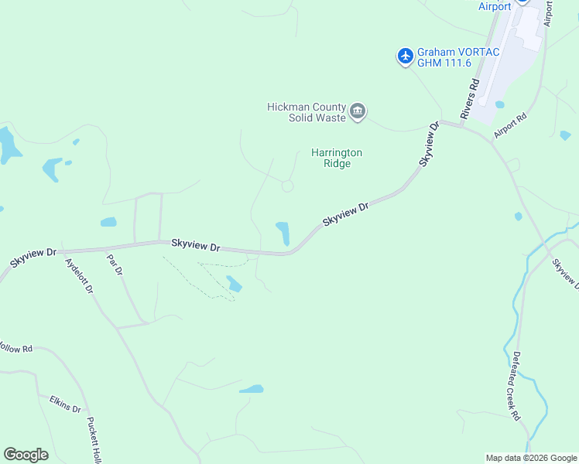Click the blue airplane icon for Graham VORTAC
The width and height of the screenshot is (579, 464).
pos(405,56)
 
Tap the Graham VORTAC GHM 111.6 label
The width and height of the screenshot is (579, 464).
pos(458,57)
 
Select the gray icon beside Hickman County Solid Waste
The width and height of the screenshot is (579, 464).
pos(358,112)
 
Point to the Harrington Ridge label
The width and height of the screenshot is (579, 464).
pos(337,158)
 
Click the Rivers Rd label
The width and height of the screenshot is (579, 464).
pos(471,98)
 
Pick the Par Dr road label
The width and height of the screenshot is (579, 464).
pos(115,265)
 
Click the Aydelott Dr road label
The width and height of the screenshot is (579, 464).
pos(80,276)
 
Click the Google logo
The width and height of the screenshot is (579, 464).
pos(26,455)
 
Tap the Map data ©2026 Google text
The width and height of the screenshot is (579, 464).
pos(531,458)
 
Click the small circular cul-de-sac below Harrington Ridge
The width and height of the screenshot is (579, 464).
pos(287,186)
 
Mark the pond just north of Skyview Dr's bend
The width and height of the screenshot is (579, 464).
pos(283,232)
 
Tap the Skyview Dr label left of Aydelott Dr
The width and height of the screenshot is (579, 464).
pos(33,258)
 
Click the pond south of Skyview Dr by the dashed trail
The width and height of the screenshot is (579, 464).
pos(234,284)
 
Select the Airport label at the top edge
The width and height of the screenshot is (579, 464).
pos(495,6)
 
